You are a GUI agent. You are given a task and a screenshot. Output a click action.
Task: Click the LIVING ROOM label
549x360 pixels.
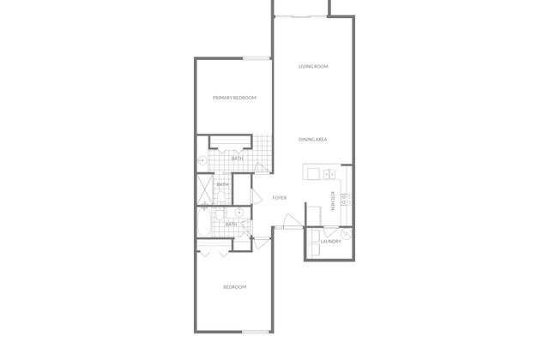[x=313, y=67]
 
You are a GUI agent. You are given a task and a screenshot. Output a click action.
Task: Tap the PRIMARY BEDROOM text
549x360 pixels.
[x=234, y=98]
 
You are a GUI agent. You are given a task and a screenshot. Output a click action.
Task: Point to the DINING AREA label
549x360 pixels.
[x=312, y=139]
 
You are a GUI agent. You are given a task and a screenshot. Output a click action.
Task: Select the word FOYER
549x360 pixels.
[x=280, y=198]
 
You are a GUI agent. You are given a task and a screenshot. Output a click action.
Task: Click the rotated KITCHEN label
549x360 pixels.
[x=333, y=201]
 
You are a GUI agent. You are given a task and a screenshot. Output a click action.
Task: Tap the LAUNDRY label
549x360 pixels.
[x=330, y=242]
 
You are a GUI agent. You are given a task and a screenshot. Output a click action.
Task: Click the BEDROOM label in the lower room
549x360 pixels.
[x=234, y=287]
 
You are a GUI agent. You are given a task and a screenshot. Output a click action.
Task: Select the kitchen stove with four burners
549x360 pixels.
[x=346, y=199]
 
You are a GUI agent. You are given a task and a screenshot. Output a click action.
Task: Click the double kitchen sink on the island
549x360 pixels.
[x=329, y=173]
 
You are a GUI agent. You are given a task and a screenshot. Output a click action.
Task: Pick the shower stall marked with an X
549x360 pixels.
[x=205, y=189]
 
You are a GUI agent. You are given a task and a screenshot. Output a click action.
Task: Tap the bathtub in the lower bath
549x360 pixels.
[x=203, y=222]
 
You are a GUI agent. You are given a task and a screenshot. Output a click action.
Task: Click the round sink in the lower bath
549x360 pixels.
[x=239, y=213]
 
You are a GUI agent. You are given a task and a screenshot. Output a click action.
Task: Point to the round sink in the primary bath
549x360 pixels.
[x=202, y=160]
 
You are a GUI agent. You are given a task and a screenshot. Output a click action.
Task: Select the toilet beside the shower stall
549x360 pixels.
[x=220, y=198]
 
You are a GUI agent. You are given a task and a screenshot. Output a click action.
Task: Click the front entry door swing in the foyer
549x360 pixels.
[x=293, y=221]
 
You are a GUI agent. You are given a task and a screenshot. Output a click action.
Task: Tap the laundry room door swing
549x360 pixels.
[x=330, y=231]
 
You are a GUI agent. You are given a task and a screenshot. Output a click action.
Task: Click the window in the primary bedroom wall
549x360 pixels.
[x=256, y=59]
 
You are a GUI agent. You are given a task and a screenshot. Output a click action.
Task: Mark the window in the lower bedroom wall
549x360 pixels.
[x=256, y=332]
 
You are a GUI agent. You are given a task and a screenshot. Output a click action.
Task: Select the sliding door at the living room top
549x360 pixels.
[x=301, y=16]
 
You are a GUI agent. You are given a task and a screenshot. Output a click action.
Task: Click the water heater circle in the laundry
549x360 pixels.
[x=346, y=234]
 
